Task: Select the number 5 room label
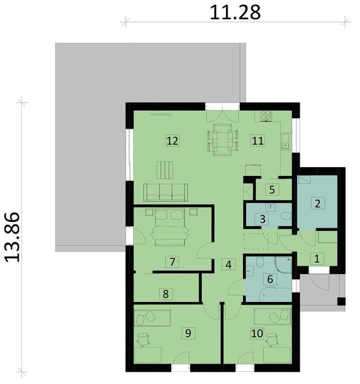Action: (272, 189)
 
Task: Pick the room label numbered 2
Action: (316, 204)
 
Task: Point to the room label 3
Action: (262, 219)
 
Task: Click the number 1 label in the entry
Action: (316, 259)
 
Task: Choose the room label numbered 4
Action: (228, 264)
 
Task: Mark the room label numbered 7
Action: (171, 261)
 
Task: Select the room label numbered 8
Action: (166, 294)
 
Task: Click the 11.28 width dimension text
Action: (235, 11)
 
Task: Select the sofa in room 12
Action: (165, 191)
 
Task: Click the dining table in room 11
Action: (223, 139)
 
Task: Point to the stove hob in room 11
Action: (265, 116)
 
